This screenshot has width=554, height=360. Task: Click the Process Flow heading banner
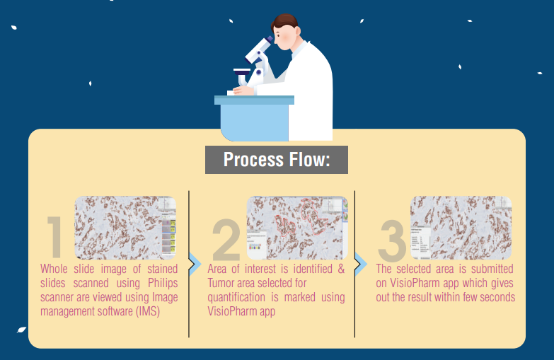click(x=277, y=160)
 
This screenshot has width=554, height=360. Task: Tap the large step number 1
click(x=54, y=238)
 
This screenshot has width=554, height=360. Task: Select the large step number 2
click(x=226, y=239)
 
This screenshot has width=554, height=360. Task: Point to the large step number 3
click(x=391, y=240)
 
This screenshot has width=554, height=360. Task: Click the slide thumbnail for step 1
click(x=125, y=228)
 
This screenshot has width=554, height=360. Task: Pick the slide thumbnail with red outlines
click(x=297, y=228)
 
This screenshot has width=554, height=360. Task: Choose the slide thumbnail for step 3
click(x=461, y=228)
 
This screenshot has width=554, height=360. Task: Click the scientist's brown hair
click(x=284, y=22)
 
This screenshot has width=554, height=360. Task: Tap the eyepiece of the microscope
click(x=270, y=39)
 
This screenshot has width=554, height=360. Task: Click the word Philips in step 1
click(x=163, y=283)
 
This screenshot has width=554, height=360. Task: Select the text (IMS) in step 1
click(x=148, y=311)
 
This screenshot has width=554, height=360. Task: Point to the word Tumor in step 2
click(x=221, y=283)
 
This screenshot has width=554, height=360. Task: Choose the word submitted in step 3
click(x=492, y=269)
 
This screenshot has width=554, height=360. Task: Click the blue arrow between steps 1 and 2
click(x=195, y=264)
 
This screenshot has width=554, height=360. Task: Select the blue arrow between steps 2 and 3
click(x=361, y=264)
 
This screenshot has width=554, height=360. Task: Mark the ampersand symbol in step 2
click(x=341, y=269)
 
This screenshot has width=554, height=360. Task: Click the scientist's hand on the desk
click(x=243, y=91)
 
